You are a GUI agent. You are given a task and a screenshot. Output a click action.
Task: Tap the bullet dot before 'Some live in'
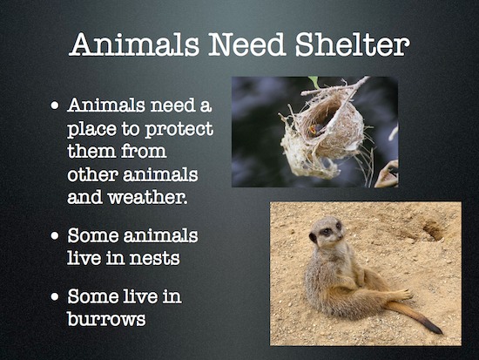[54, 298]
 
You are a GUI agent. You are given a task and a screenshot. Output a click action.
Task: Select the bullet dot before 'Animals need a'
[54, 108]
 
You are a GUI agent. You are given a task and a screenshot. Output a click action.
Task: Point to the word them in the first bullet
[90, 151]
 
